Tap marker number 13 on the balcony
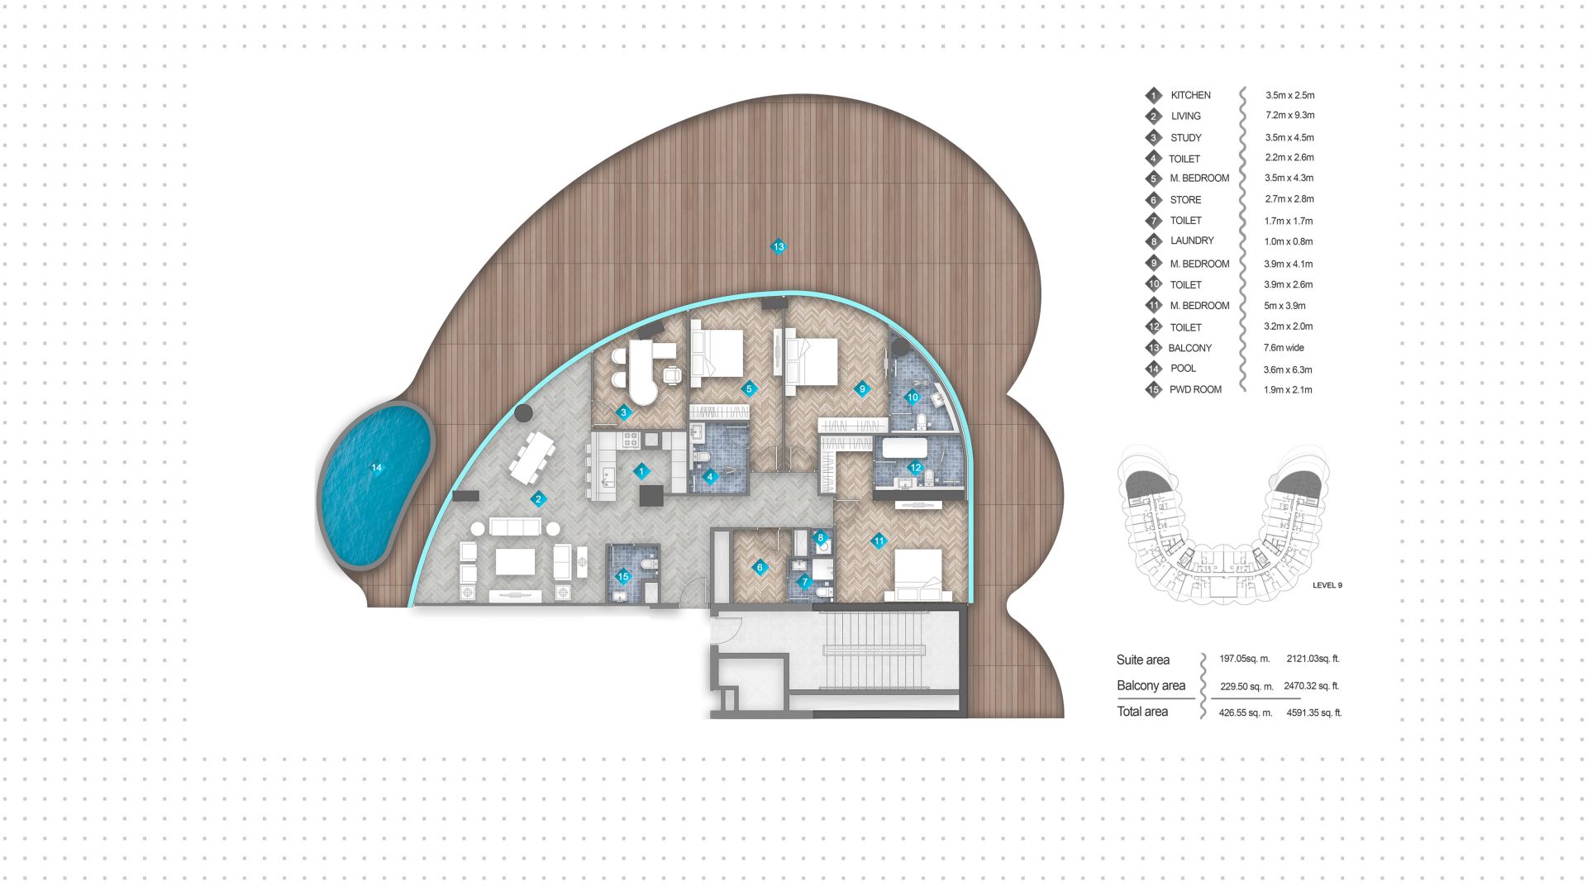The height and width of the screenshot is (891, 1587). (778, 246)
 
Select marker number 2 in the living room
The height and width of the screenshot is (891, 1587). (538, 498)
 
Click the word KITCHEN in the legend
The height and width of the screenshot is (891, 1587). (1190, 95)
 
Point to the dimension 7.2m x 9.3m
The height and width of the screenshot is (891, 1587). (1289, 116)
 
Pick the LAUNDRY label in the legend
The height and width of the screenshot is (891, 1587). (1192, 241)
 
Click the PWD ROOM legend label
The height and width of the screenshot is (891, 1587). (1195, 389)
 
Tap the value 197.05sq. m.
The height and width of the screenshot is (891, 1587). (1244, 659)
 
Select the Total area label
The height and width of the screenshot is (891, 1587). (1142, 712)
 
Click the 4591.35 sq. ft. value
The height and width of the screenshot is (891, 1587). (1313, 712)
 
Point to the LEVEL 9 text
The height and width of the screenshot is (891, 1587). (1327, 585)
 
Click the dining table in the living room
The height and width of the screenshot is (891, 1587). (531, 457)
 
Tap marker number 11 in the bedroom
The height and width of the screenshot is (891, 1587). (879, 541)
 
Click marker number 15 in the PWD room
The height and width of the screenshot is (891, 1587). (623, 577)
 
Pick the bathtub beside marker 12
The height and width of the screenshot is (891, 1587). (904, 449)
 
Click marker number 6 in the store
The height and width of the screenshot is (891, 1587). (760, 568)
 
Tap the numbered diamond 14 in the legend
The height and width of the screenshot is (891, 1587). (1154, 369)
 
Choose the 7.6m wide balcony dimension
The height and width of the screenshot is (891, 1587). (1284, 348)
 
